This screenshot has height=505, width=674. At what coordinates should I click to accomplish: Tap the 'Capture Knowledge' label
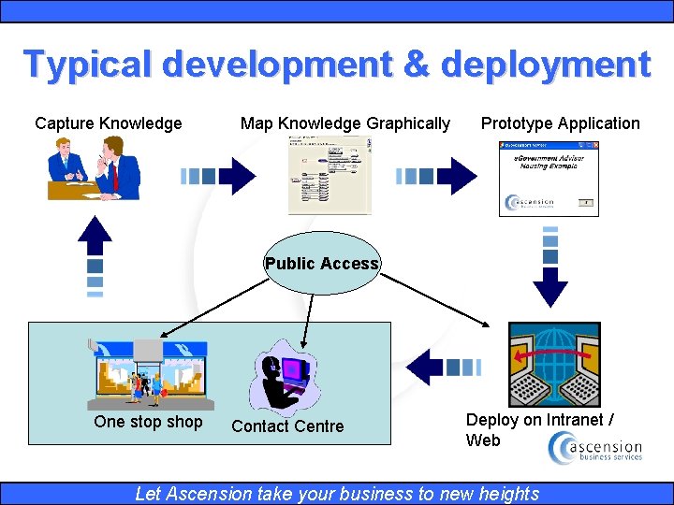tap(109, 123)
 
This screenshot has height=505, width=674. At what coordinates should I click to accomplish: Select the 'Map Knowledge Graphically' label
tap(345, 123)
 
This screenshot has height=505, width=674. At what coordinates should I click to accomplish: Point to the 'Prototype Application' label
tap(561, 123)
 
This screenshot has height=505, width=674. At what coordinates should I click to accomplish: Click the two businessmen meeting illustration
tap(94, 167)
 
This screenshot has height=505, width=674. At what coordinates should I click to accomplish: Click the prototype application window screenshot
tap(549, 179)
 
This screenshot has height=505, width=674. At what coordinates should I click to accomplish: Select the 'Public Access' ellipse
tap(322, 263)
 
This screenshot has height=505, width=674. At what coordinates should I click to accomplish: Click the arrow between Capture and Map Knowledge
tap(218, 175)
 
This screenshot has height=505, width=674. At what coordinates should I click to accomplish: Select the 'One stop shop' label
tap(148, 422)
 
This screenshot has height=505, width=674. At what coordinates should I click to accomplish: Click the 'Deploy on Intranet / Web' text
tap(540, 430)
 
